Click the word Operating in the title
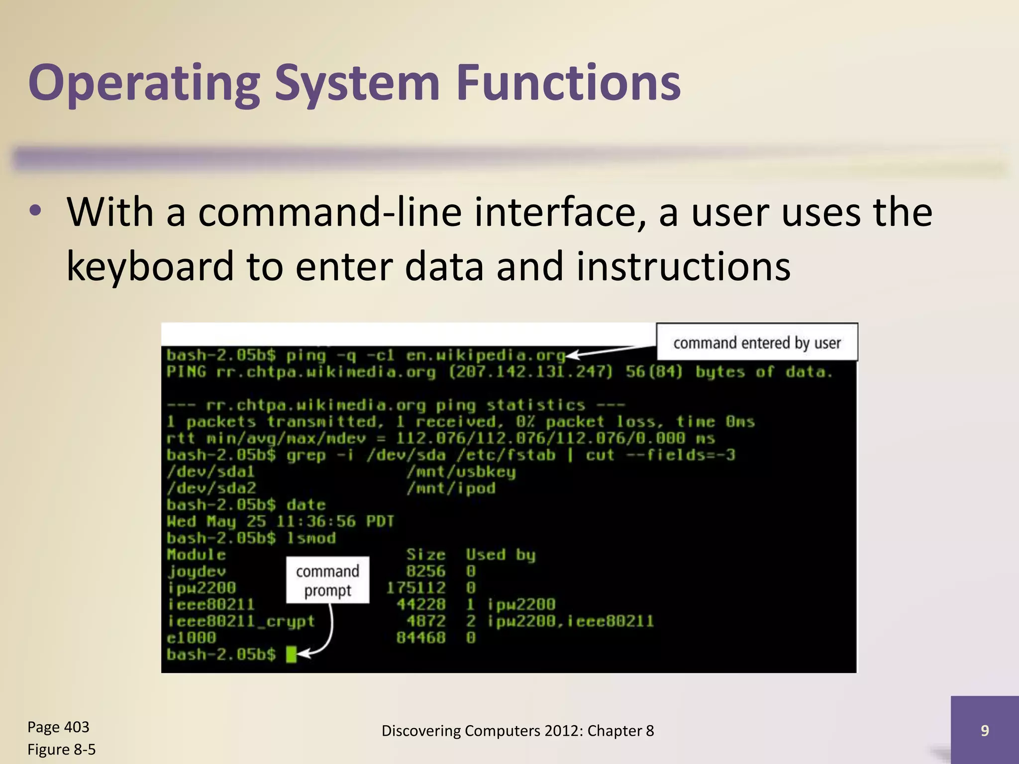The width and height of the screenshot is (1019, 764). pyautogui.click(x=144, y=84)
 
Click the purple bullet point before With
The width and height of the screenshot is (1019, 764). pyautogui.click(x=35, y=211)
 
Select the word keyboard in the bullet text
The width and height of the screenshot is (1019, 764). pyautogui.click(x=150, y=266)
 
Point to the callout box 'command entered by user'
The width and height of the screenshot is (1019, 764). pyautogui.click(x=757, y=342)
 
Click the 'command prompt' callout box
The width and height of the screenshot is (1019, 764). pyautogui.click(x=327, y=580)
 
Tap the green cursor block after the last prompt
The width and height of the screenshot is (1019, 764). pyautogui.click(x=292, y=654)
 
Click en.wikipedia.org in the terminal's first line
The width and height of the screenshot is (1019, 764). pyautogui.click(x=486, y=355)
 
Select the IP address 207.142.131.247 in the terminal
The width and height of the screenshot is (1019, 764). pyautogui.click(x=530, y=372)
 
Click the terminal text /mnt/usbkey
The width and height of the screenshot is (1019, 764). pyautogui.click(x=461, y=472)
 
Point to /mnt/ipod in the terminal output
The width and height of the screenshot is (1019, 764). pyautogui.click(x=451, y=488)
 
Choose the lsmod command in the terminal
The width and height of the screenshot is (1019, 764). pyautogui.click(x=311, y=538)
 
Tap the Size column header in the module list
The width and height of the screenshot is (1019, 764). pyautogui.click(x=425, y=555)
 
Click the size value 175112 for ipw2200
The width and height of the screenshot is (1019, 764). pyautogui.click(x=416, y=588)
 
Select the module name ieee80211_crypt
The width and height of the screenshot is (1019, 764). pyautogui.click(x=241, y=621)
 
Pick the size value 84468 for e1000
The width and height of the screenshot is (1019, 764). pyautogui.click(x=420, y=637)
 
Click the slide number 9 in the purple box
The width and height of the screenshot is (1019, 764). pyautogui.click(x=984, y=730)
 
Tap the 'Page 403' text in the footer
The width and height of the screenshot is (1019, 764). pyautogui.click(x=58, y=727)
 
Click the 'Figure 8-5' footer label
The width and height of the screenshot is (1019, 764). pyautogui.click(x=61, y=749)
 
